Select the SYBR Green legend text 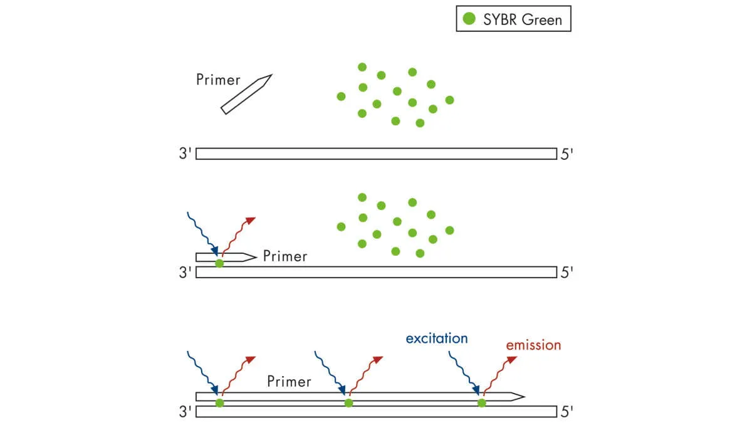[522, 19]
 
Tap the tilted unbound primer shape [246, 95]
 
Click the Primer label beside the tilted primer [218, 80]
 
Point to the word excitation [436, 338]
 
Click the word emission [533, 345]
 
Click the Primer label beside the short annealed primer [285, 256]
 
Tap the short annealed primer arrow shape [226, 257]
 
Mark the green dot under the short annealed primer [219, 264]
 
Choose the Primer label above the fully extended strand [289, 381]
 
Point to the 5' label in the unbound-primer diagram [567, 154]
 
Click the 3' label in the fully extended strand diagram [186, 412]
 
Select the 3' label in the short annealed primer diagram [186, 273]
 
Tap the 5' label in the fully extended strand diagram [567, 412]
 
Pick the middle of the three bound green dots [348, 403]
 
